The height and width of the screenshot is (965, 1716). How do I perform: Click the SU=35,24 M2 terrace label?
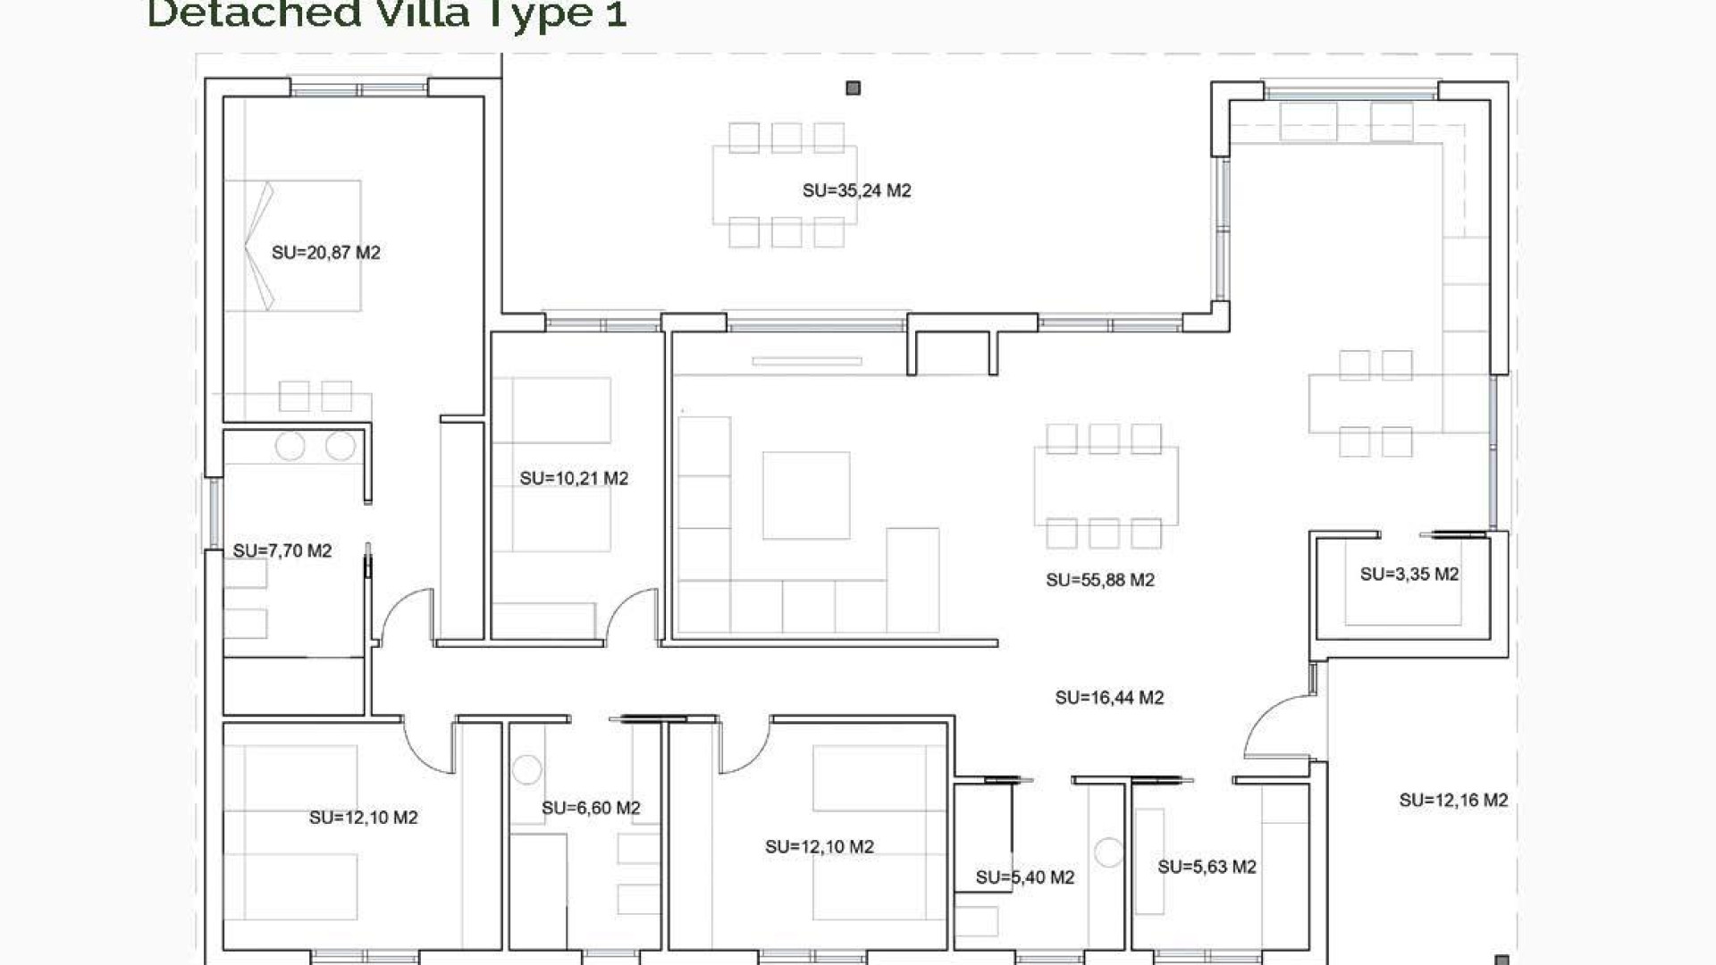coord(856,190)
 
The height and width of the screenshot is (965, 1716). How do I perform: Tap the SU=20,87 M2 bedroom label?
coord(325,253)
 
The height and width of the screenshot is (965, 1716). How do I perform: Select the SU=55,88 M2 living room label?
coord(1099,580)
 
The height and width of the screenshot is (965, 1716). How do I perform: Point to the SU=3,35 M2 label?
coord(1409,575)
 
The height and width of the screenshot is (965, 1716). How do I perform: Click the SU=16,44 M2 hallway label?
coord(1108,698)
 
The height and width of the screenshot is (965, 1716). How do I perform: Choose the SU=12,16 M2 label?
coord(1452,801)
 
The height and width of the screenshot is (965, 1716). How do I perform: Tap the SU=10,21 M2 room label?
coord(574,479)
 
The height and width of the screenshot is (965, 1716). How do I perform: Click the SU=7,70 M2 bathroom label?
coord(282,551)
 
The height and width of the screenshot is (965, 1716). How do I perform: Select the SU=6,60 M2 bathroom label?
coord(591,809)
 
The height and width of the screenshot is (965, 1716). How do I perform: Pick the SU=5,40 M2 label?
coord(1024,877)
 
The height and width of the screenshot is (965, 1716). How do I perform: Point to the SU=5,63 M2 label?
coord(1207,867)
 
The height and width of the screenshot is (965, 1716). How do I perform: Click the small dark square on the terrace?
coord(853,88)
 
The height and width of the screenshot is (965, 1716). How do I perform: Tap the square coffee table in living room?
coord(805,495)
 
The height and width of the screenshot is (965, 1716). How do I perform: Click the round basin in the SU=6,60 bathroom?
coord(526,769)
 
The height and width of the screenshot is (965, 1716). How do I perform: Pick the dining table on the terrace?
coord(785,185)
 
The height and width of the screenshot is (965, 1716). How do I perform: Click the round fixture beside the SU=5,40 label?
coord(1108,852)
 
